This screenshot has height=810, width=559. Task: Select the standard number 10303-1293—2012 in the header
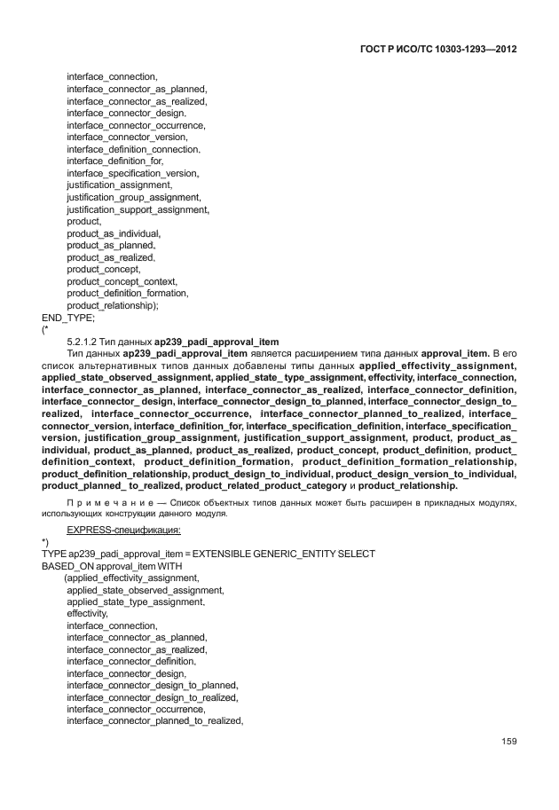pos(474,50)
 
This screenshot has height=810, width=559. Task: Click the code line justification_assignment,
pos(119,185)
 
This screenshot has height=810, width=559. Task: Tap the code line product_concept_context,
pos(122,280)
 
